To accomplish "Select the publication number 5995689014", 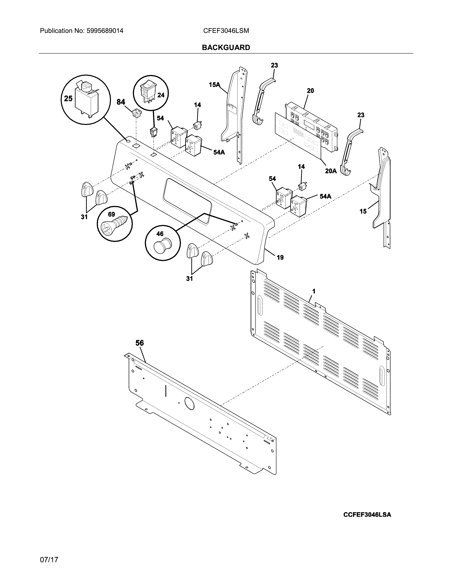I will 105,31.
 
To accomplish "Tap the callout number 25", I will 68,99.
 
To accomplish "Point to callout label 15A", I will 214,85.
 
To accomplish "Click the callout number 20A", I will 331,171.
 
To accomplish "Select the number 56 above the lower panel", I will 139,343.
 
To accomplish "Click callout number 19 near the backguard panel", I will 280,257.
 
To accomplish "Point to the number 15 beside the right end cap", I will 363,211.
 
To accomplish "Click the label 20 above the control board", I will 310,91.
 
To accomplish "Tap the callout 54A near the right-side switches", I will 325,196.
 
